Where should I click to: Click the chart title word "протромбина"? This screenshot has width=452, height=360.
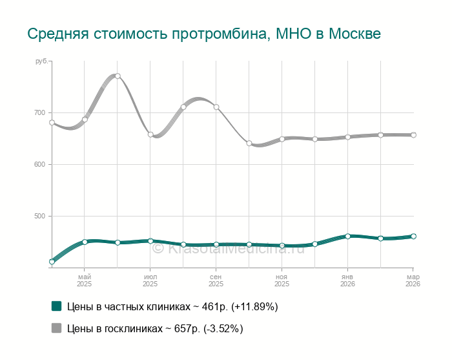214,33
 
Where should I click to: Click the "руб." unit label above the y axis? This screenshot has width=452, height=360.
41,61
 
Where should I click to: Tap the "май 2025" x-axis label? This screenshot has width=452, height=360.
85,280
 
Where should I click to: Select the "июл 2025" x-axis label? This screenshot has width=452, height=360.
150,280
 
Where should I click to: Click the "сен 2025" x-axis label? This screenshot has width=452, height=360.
216,280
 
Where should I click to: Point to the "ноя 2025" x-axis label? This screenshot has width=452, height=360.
282,280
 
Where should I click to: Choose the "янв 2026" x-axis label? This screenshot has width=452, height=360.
347,280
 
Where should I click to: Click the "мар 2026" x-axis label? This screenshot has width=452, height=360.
413,280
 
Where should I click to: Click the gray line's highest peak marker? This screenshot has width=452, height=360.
118,76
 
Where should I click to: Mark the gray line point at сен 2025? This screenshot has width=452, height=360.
216,107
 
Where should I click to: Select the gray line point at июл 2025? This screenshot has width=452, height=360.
150,134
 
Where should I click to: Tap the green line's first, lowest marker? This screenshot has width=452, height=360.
52,262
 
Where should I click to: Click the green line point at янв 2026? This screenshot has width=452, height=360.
347,236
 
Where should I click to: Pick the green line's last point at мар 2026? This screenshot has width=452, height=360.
413,236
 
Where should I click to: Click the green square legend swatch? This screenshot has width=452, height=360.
56,306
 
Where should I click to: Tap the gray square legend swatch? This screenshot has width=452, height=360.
56,328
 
